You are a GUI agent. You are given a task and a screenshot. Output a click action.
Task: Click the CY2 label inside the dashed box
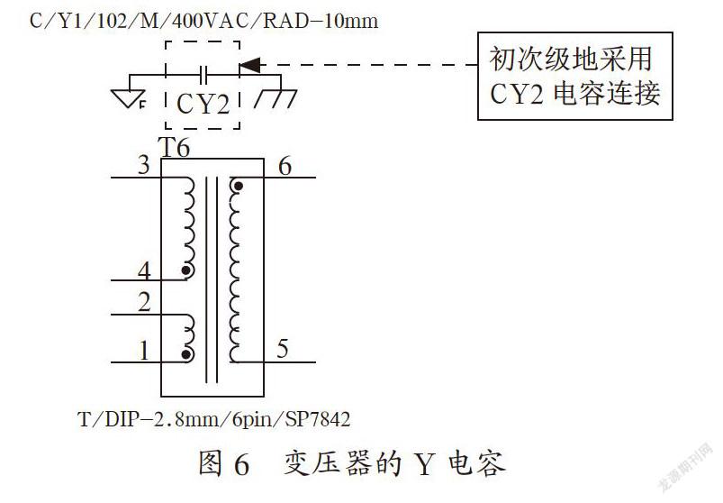203,104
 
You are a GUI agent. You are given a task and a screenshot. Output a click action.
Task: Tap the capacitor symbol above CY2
203,75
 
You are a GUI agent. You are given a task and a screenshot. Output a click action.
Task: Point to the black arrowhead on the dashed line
249,65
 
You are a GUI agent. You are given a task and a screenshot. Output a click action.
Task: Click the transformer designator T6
174,148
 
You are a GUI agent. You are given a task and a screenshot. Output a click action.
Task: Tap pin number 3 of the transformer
144,165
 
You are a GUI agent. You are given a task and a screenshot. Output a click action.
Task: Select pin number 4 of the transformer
144,270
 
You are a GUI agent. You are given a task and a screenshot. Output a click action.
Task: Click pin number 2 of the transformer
144,302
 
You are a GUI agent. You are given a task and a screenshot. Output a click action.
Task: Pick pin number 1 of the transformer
144,351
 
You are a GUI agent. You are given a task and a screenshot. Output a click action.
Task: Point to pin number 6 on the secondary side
285,166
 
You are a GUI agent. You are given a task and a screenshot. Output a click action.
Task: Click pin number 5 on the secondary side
283,349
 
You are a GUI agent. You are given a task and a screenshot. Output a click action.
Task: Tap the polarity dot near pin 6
239,187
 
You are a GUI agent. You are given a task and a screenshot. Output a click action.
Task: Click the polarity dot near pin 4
186,271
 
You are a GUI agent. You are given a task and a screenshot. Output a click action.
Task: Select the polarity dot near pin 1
186,354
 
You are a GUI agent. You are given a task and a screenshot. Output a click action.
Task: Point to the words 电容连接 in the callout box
607,93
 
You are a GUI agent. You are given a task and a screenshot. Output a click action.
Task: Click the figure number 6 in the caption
242,464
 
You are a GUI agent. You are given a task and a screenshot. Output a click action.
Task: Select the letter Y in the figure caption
424,464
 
